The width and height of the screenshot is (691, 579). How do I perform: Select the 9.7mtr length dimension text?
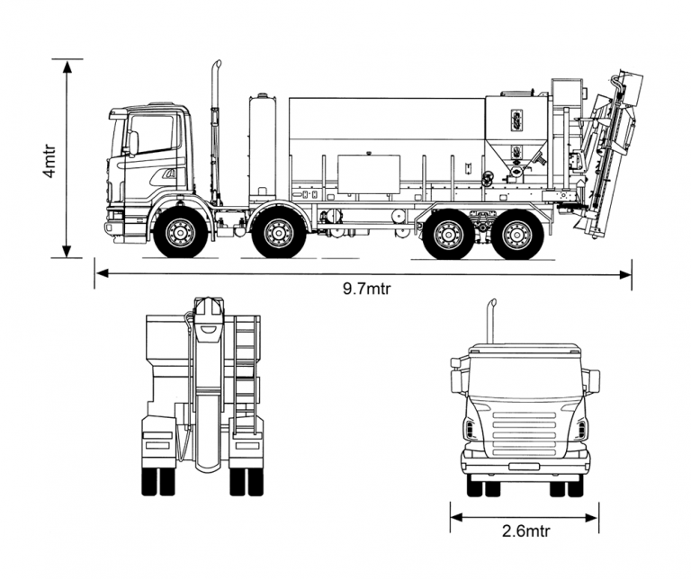click(x=365, y=289)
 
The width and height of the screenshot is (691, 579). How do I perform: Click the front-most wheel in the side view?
click(x=180, y=234)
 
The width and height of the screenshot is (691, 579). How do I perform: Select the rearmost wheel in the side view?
click(x=517, y=235)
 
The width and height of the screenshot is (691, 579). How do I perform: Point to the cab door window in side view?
click(x=154, y=133)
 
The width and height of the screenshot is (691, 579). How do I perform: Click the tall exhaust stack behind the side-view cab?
click(x=216, y=126)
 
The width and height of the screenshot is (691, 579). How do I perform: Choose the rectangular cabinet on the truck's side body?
click(x=369, y=174)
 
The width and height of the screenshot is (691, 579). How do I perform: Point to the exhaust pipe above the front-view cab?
click(x=492, y=319)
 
